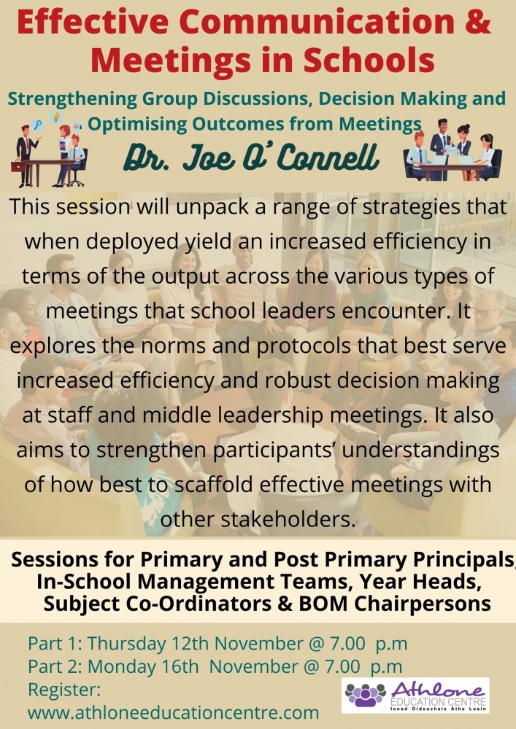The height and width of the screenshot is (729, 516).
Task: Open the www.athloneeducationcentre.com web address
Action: [174, 712]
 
